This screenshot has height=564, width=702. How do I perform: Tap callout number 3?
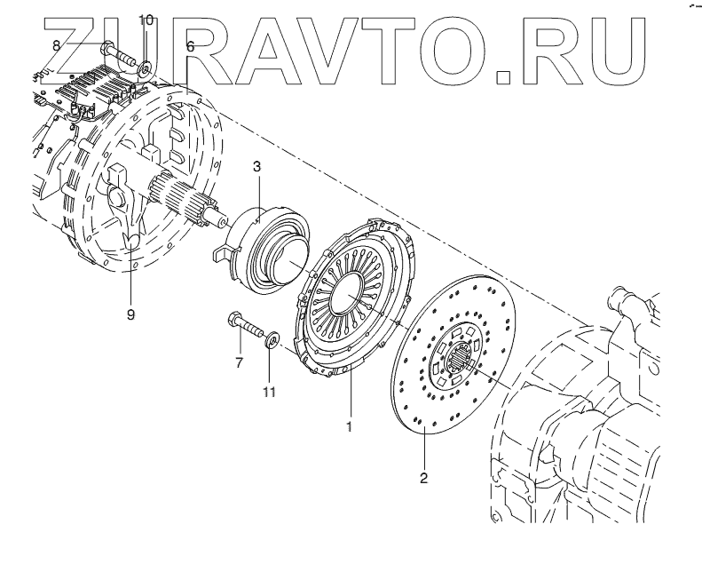(x=256, y=166)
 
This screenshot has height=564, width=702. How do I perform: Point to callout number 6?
(x=190, y=45)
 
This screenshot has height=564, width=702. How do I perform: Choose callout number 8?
(x=56, y=44)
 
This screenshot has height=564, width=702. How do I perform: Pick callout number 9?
(x=131, y=314)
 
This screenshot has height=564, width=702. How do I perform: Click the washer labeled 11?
(x=272, y=338)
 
